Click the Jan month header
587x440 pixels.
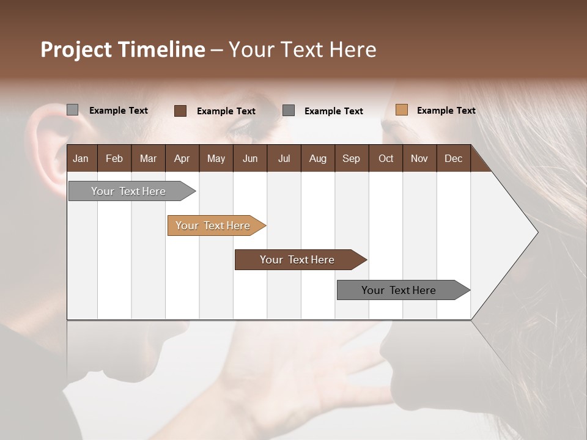[81, 159]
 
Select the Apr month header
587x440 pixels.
[182, 159]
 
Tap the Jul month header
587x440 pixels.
[284, 159]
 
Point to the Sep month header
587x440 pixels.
[351, 159]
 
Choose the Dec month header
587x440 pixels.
[453, 159]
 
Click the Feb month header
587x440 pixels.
[114, 159]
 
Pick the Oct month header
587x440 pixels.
[386, 159]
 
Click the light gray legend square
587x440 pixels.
[72, 110]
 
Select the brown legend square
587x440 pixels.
[180, 111]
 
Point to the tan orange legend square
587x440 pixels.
[401, 110]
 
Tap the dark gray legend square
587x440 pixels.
[289, 111]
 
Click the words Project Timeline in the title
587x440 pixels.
[123, 50]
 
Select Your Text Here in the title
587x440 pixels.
[303, 50]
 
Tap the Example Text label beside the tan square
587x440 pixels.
[446, 111]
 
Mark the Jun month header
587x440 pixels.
[250, 159]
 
